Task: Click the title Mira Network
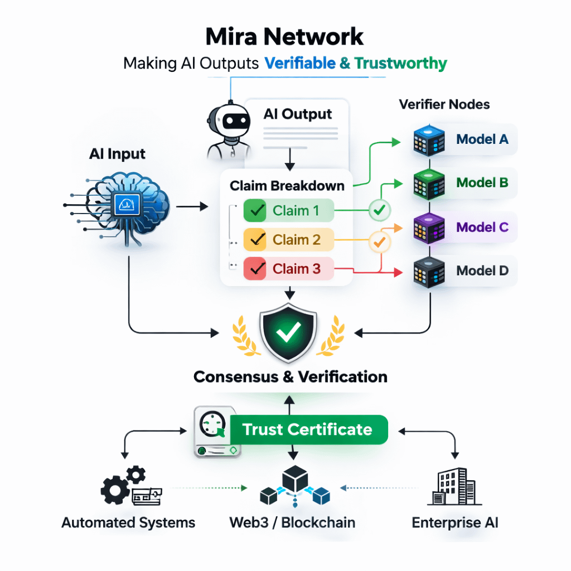click(284, 37)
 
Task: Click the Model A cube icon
click(429, 139)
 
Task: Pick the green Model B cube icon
click(429, 183)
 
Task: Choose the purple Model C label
click(482, 227)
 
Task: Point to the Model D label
click(482, 271)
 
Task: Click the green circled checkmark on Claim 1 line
click(380, 211)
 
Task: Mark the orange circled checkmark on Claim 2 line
click(380, 242)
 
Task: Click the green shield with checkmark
click(288, 333)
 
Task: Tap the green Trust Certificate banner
click(307, 430)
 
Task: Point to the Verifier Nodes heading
click(444, 104)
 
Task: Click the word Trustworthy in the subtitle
click(401, 63)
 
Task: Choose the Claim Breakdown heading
click(287, 186)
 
